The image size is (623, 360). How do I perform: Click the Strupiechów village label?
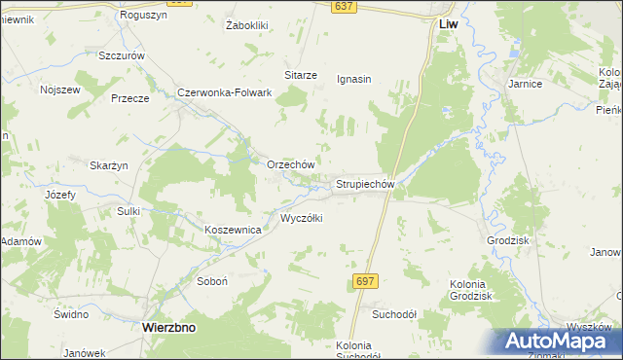364,183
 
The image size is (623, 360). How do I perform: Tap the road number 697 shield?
364,280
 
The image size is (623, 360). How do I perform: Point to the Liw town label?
448,21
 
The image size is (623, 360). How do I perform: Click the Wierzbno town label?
168,328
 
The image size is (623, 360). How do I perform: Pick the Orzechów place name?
290,164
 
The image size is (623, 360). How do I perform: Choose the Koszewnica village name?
233,230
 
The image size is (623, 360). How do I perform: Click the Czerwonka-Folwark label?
224,92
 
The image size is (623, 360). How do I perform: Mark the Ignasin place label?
353,79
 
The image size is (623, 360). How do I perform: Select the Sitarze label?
300,75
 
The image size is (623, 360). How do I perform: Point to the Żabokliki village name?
246,24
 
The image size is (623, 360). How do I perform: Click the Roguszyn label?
142,16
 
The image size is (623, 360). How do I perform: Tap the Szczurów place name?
122,55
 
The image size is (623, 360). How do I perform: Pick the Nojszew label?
58,89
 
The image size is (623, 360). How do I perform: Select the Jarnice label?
524,84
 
